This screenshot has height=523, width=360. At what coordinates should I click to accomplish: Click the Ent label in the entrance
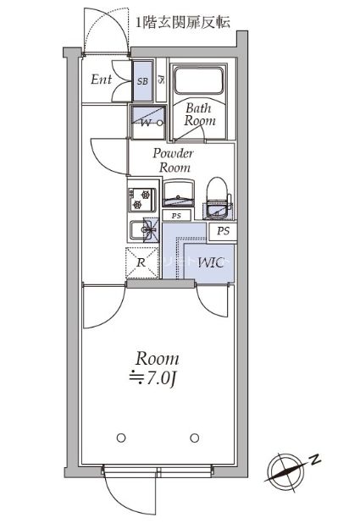101,80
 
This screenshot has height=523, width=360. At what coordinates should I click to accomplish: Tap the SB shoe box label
142,80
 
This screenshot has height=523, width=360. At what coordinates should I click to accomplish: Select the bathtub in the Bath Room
199,81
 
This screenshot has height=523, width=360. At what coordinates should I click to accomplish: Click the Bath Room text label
199,114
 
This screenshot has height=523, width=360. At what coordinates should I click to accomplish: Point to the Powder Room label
174,160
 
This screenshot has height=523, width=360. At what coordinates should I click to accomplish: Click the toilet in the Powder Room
218,198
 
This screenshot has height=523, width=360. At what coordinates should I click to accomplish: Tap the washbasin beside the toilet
179,193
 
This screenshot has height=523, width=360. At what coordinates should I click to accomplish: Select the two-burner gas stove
142,200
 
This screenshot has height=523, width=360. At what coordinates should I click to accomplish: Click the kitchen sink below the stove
144,229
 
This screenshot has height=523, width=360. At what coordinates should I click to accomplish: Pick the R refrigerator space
142,263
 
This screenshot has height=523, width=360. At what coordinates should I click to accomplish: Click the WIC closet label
211,263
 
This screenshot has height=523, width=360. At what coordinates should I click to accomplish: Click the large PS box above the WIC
223,231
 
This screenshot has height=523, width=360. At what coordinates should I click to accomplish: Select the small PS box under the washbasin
176,216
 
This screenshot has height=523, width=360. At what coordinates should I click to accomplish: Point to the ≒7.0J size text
152,378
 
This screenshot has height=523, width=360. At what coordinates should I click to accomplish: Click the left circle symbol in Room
121,438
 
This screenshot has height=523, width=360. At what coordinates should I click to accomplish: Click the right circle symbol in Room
194,438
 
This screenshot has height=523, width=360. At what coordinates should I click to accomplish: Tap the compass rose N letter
314,460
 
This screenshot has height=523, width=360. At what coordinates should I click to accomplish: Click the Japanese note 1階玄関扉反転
183,22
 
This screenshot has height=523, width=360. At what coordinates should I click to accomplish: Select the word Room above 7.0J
157,359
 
